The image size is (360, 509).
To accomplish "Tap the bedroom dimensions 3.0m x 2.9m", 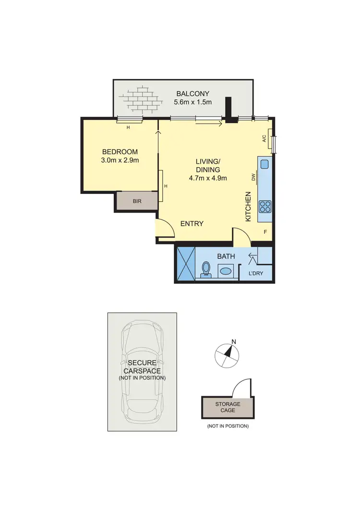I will (120, 160).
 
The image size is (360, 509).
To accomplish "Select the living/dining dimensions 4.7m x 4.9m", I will (208, 178).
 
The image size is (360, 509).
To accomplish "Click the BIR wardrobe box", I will (137, 202).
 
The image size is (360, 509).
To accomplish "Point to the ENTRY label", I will (192, 224).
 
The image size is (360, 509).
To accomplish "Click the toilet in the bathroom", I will (206, 270).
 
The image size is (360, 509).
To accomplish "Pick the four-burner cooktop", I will (265, 206).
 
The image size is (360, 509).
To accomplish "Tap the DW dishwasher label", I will (253, 178).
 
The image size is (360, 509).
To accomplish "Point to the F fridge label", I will (265, 232).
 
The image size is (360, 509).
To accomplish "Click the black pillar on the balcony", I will (229, 109).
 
